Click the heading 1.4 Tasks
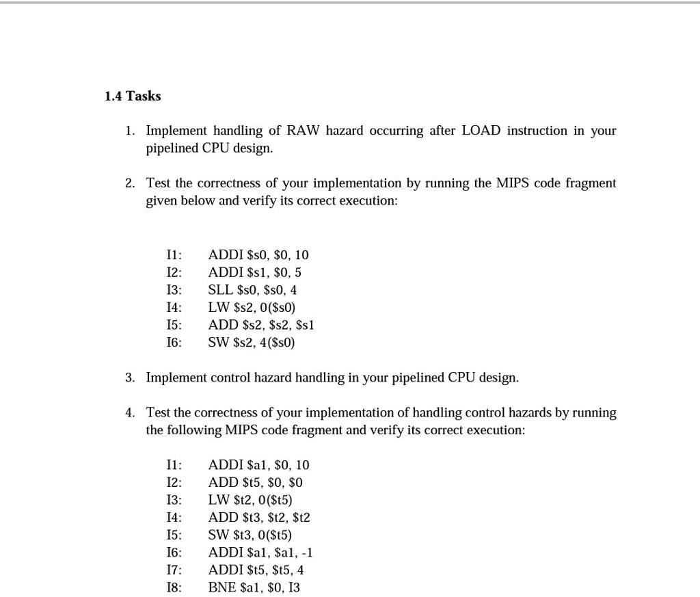[133, 96]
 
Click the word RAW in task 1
[303, 131]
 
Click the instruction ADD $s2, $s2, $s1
[260, 325]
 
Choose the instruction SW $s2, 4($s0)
[252, 343]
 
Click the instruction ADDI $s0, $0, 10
[258, 255]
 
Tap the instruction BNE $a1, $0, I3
[254, 587]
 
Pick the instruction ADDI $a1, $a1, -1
[260, 553]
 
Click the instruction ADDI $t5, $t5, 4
[256, 570]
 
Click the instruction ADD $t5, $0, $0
[255, 483]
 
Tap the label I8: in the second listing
[174, 587]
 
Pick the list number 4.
[130, 413]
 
